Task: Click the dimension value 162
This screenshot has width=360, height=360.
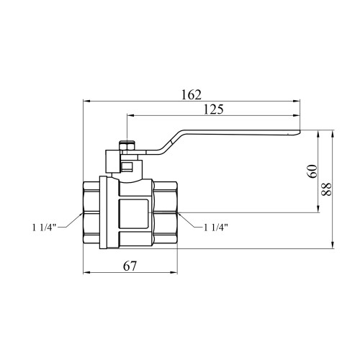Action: [192, 95]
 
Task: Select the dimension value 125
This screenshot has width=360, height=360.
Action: [213, 109]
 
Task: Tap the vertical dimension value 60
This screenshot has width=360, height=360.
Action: [312, 171]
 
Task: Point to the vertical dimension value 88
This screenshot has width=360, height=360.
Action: [326, 189]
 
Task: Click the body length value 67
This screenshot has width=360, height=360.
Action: [130, 266]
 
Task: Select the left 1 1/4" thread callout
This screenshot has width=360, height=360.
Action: [44, 227]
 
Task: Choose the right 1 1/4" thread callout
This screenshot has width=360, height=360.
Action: [216, 227]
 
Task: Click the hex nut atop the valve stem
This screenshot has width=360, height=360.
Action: [127, 145]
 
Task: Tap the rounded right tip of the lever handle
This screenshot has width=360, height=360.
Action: [300, 132]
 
